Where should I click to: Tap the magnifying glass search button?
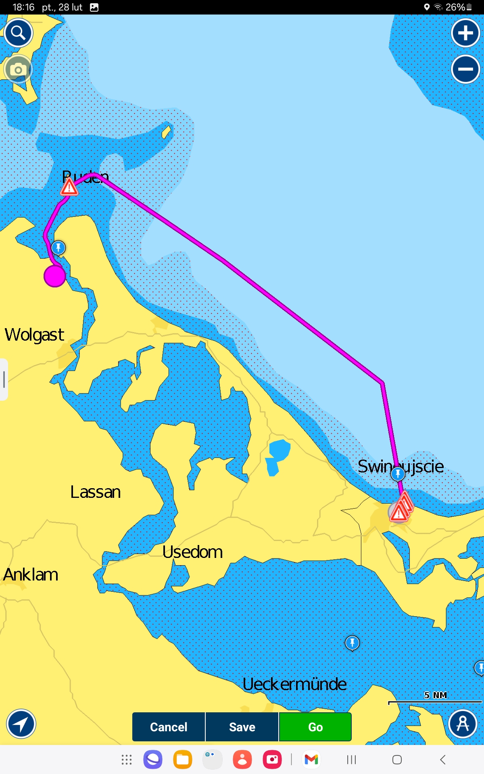(19, 33)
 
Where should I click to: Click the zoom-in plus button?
(465, 33)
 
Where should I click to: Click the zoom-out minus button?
(465, 69)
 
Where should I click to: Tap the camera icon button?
(18, 70)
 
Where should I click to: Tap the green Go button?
(315, 727)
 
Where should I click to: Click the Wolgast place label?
(34, 335)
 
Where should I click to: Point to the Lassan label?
(96, 492)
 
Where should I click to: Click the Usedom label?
(192, 552)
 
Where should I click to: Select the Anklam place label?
(31, 574)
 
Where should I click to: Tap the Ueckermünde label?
(294, 684)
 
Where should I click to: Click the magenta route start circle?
(55, 276)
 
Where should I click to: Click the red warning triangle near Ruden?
(69, 187)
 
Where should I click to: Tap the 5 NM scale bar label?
(435, 695)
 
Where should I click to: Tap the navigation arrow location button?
(21, 724)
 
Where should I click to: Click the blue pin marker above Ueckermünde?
(352, 643)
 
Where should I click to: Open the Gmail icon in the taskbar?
(311, 759)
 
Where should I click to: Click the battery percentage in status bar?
(455, 7)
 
